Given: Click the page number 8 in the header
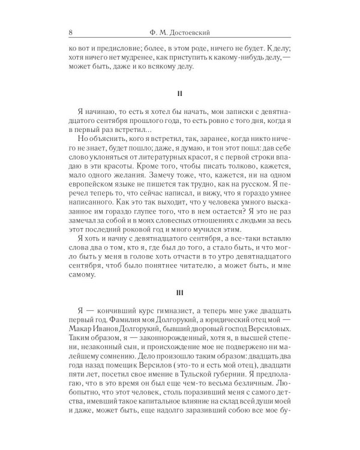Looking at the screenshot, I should [x=71, y=32].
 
